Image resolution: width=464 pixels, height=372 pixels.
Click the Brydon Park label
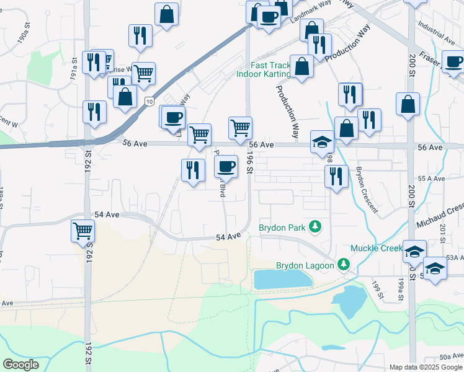point(282,228)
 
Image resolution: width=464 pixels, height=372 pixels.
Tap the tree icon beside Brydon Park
point(316,227)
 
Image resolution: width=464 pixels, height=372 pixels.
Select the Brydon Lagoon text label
point(305,265)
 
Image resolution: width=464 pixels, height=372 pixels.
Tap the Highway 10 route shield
point(149,100)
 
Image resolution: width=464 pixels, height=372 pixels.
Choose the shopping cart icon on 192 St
point(83,231)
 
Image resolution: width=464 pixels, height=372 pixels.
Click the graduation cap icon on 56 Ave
point(322,142)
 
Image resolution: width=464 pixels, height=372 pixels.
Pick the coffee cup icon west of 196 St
point(226,166)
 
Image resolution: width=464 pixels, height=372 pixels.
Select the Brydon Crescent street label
point(367,189)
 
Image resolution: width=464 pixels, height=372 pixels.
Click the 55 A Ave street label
point(432,178)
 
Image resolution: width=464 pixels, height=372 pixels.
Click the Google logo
point(20,365)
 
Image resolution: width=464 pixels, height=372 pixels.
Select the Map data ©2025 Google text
point(425,367)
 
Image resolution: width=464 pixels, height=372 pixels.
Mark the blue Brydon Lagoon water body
point(283,279)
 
